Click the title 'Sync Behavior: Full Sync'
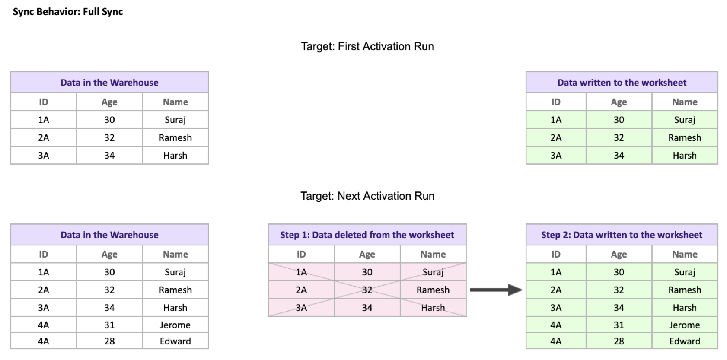(x=68, y=12)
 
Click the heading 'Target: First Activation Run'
(x=367, y=46)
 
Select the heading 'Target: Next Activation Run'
(x=367, y=196)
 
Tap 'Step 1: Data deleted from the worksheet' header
(x=367, y=235)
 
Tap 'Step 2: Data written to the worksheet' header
(x=622, y=235)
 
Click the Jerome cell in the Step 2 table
(x=685, y=325)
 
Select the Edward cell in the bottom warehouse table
(x=175, y=341)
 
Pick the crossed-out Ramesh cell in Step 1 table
(x=433, y=290)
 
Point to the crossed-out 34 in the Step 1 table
(x=367, y=308)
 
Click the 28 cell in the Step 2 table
(x=619, y=341)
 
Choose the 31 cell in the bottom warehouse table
(x=109, y=325)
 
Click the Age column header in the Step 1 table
(x=367, y=254)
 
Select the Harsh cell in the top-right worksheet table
(x=685, y=155)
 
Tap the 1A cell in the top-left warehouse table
(x=44, y=120)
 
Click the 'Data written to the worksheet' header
(x=622, y=83)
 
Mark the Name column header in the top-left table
(x=175, y=102)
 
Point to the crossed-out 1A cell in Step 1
(x=301, y=272)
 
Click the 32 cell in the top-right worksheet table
(x=619, y=137)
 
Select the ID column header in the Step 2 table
(x=556, y=254)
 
